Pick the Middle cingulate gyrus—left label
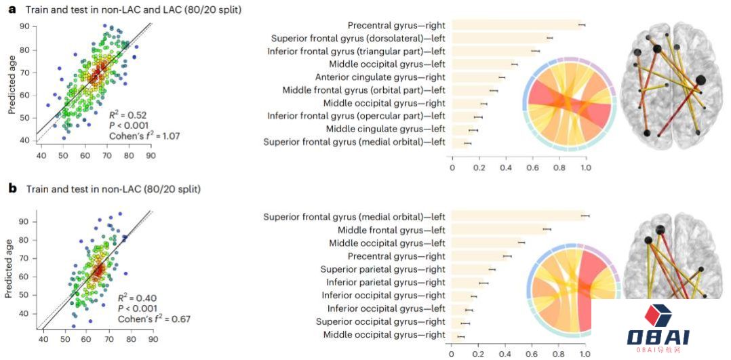[x=385, y=129]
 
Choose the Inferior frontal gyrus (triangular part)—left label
[x=356, y=51]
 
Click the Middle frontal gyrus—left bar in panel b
[x=498, y=231]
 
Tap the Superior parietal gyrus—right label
[x=382, y=269]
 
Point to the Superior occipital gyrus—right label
[x=380, y=321]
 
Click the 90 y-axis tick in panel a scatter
[x=24, y=26]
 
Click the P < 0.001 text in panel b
[x=136, y=308]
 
